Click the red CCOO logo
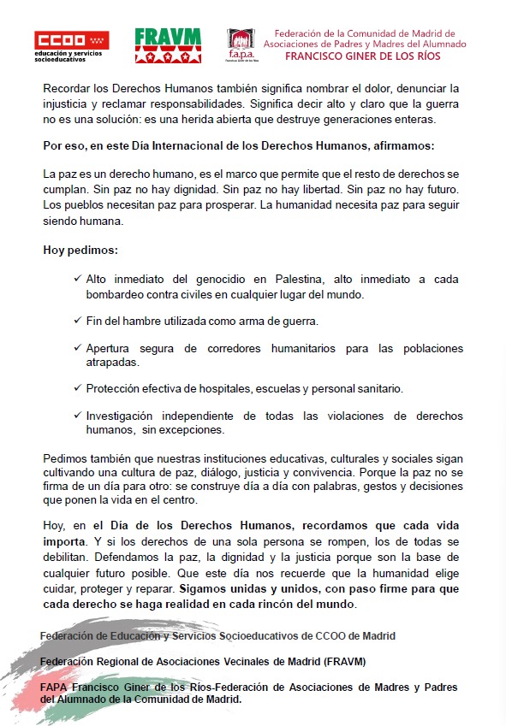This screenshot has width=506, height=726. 71,40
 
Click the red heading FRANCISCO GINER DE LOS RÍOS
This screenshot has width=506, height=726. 365,57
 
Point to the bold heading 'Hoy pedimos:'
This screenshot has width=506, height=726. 80,251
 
